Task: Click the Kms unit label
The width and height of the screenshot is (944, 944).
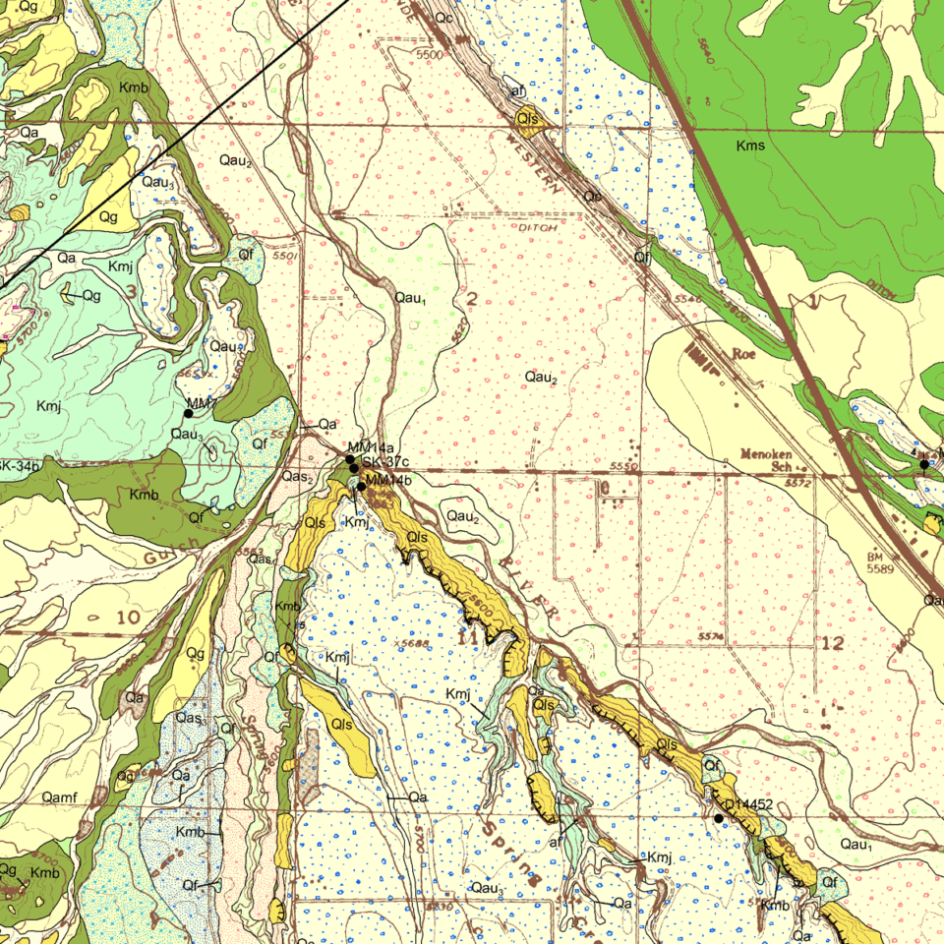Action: tap(750, 147)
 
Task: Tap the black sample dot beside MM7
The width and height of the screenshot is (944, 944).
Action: tap(189, 414)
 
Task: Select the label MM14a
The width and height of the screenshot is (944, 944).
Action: tap(370, 449)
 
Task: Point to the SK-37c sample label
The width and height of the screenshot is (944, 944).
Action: tap(384, 463)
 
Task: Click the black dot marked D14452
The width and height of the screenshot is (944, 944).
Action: tap(719, 818)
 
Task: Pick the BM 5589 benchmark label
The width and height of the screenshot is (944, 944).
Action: tap(881, 563)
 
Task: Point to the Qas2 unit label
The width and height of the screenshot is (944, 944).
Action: tap(297, 477)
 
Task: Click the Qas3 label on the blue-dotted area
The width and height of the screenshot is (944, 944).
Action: tap(190, 718)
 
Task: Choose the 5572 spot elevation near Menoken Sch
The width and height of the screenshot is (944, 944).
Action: tap(797, 483)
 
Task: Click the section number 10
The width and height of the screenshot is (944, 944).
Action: tap(128, 618)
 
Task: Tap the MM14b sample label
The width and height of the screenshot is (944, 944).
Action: tap(387, 480)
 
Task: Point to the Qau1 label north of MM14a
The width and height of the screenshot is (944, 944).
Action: tap(409, 298)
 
